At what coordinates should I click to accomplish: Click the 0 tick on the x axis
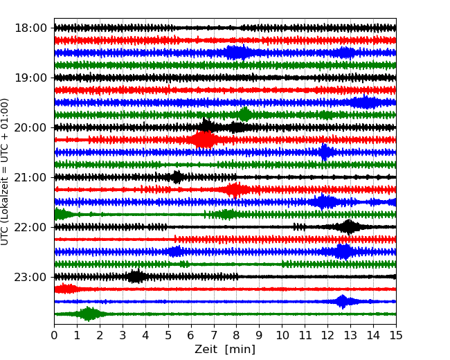[54, 336]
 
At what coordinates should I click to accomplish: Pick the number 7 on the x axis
[214, 336]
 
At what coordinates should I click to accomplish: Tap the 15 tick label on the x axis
[396, 336]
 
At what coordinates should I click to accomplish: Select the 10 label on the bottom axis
[282, 336]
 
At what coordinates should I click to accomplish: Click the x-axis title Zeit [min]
[225, 350]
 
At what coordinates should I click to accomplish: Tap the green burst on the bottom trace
[89, 314]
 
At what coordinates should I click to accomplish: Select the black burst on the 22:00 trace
[349, 227]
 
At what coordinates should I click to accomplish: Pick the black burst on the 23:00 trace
[136, 277]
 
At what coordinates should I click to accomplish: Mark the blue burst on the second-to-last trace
[343, 301]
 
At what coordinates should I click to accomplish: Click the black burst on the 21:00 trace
[177, 177]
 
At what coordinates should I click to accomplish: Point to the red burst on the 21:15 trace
[235, 190]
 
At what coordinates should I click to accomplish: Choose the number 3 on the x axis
[123, 336]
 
